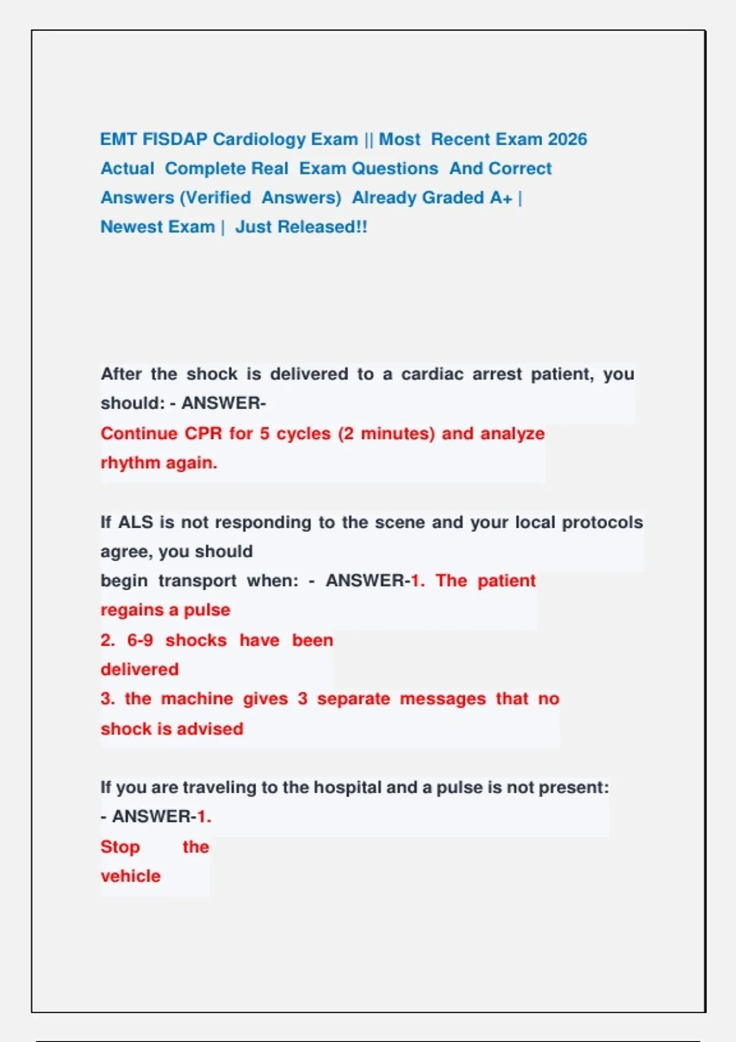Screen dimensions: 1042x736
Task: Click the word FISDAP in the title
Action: click(175, 140)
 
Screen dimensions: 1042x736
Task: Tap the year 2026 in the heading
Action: click(567, 140)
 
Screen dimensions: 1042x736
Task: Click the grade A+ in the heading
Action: click(500, 198)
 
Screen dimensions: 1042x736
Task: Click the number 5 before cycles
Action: click(264, 434)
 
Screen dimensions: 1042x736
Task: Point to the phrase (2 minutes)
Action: click(386, 434)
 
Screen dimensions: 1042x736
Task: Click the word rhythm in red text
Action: click(130, 463)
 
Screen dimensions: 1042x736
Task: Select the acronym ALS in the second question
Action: click(135, 522)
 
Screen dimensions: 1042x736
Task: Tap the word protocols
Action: click(602, 522)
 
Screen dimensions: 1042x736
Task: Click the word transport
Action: click(197, 580)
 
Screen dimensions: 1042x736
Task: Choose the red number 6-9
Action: click(140, 641)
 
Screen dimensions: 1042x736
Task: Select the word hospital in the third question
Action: click(348, 788)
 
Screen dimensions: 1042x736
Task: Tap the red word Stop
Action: click(120, 847)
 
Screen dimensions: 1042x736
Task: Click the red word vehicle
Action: click(131, 877)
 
